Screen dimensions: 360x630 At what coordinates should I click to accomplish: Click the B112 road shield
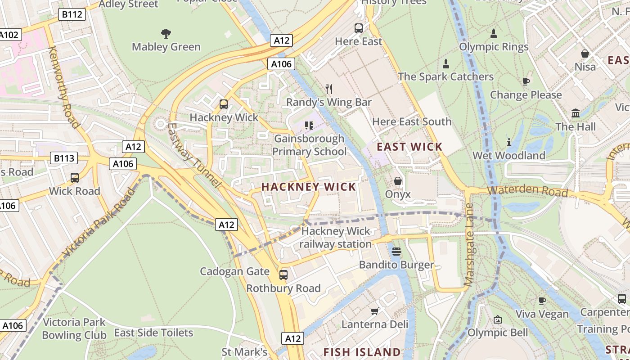coord(72,14)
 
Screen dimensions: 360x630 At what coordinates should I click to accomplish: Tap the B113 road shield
coord(64,158)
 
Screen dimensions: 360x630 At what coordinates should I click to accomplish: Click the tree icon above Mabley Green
coord(166,33)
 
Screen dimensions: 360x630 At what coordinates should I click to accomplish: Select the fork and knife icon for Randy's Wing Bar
coord(329,89)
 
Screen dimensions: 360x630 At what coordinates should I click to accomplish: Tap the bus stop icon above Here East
coord(359,28)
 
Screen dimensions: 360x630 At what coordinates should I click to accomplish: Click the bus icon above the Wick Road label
coord(75,178)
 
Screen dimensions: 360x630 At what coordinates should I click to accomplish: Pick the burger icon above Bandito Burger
coord(396,251)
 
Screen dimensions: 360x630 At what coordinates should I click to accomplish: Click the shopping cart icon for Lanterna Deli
coord(374,311)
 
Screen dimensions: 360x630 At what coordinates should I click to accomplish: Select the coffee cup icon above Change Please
coord(526,81)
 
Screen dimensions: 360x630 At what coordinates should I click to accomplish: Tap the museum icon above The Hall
coord(576,113)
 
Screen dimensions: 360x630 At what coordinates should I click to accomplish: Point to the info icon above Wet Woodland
coord(509,142)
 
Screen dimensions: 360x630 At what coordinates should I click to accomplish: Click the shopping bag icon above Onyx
coord(398,181)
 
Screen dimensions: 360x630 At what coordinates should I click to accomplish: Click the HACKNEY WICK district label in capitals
coord(309,187)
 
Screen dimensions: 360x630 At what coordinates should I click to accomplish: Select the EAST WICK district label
coord(409,147)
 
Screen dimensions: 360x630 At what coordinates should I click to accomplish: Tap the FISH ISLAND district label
coord(362,352)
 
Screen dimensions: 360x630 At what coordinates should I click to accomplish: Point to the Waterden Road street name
coord(527,190)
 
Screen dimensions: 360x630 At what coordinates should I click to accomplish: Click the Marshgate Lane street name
coord(469,245)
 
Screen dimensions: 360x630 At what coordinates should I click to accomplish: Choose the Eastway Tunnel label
coord(193,155)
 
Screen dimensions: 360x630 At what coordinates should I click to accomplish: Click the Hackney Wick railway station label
coord(336,238)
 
